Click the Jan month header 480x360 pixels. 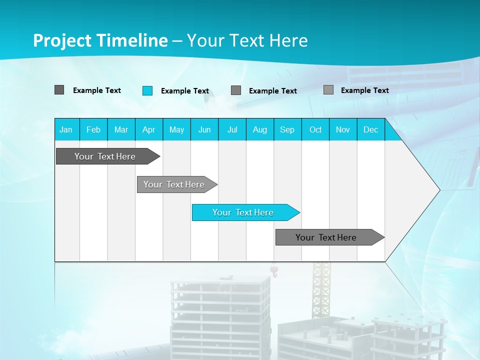(66, 129)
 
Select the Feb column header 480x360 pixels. (93, 129)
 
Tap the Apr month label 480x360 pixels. (148, 129)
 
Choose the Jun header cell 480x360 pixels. (204, 129)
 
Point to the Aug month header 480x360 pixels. (259, 129)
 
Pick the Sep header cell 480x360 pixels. (287, 129)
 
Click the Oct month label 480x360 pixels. (315, 129)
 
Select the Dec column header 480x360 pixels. (370, 129)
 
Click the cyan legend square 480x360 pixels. (147, 90)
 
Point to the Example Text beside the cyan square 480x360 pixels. (184, 91)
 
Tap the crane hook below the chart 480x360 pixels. (273, 272)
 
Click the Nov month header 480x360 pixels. (343, 129)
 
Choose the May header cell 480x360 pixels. (176, 129)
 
